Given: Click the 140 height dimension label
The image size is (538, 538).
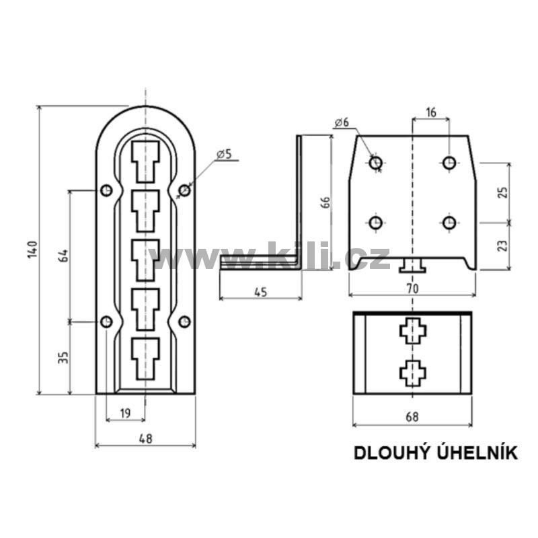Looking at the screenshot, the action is [32, 249].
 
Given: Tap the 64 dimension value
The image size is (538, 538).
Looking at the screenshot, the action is [63, 256].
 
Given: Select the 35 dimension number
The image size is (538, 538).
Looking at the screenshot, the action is [63, 357].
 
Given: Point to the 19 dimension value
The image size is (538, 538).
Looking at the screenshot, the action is [126, 413].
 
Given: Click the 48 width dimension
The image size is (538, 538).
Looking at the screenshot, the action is [146, 438].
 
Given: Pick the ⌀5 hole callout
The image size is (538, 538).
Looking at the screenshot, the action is [225, 155].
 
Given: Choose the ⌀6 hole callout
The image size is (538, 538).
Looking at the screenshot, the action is [342, 122].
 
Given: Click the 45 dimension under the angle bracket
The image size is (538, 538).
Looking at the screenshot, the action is [261, 292].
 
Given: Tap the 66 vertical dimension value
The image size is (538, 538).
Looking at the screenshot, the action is [325, 202].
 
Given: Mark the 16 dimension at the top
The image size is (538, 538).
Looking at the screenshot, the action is [431, 112].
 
